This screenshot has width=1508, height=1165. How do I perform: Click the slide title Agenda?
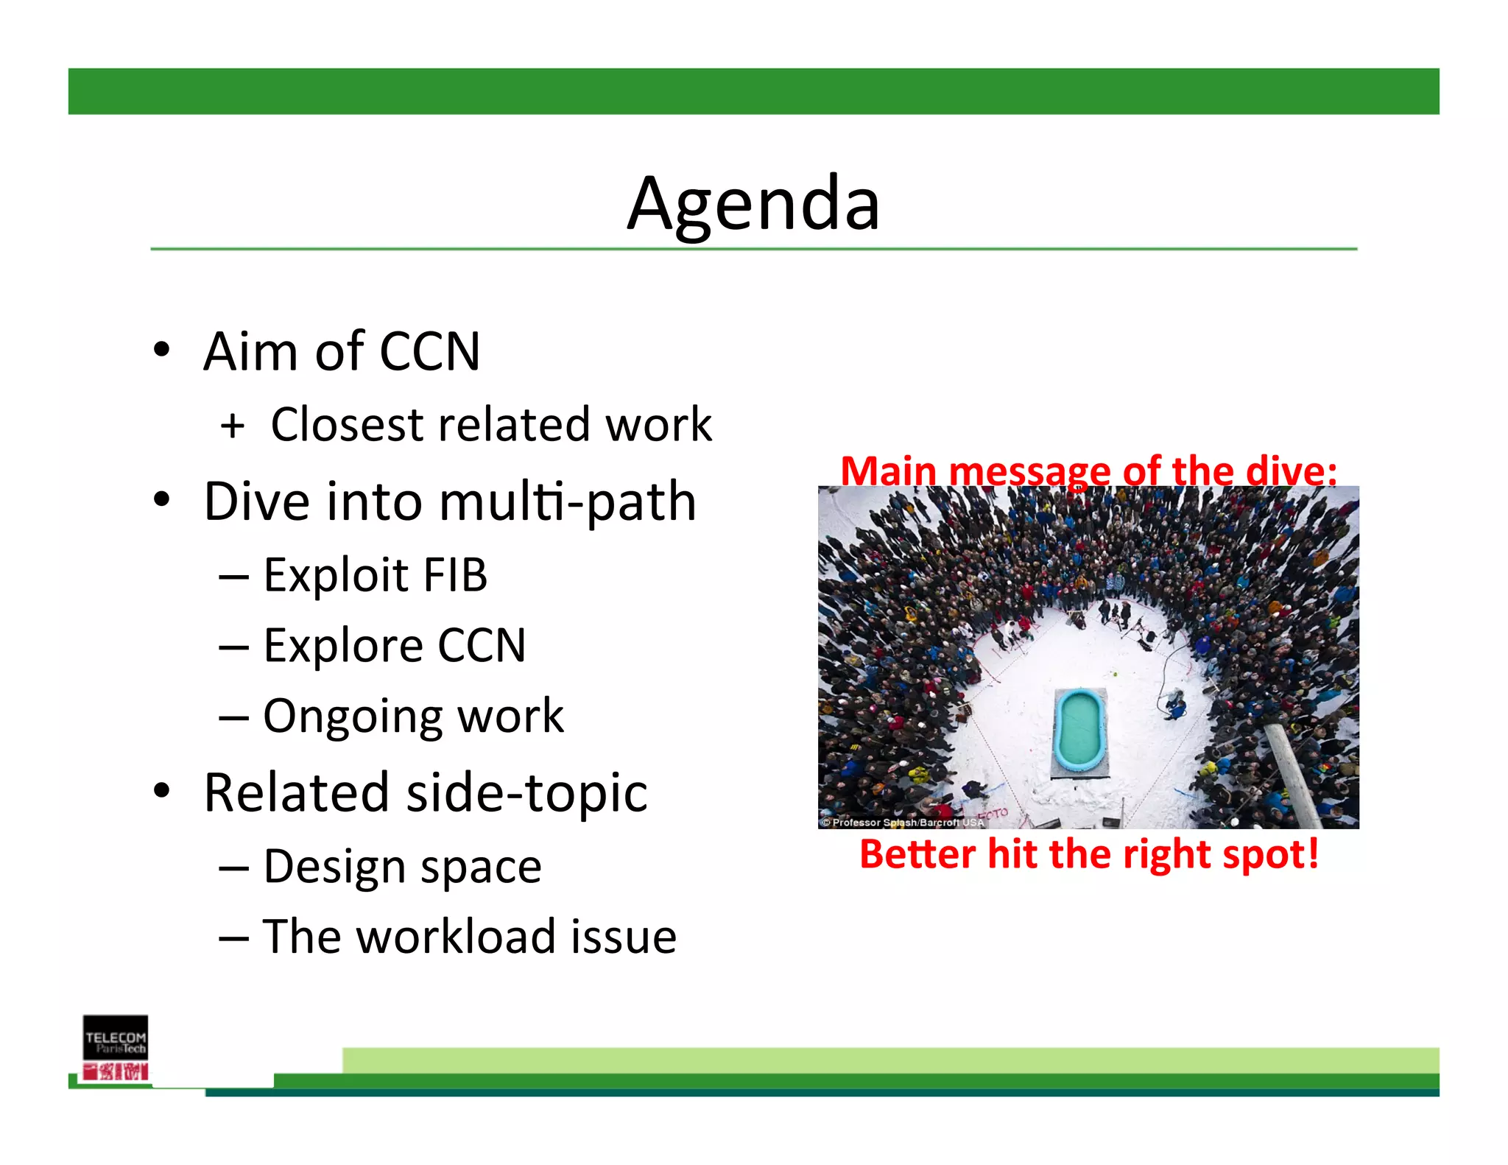[x=753, y=204]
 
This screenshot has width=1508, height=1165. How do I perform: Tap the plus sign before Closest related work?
[x=232, y=426]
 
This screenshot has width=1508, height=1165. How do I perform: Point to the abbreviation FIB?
[x=454, y=575]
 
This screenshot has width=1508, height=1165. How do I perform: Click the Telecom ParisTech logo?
[x=116, y=1047]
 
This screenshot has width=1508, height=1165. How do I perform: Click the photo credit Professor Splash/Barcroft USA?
[x=903, y=823]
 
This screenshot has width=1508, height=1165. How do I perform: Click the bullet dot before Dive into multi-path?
[x=161, y=500]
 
